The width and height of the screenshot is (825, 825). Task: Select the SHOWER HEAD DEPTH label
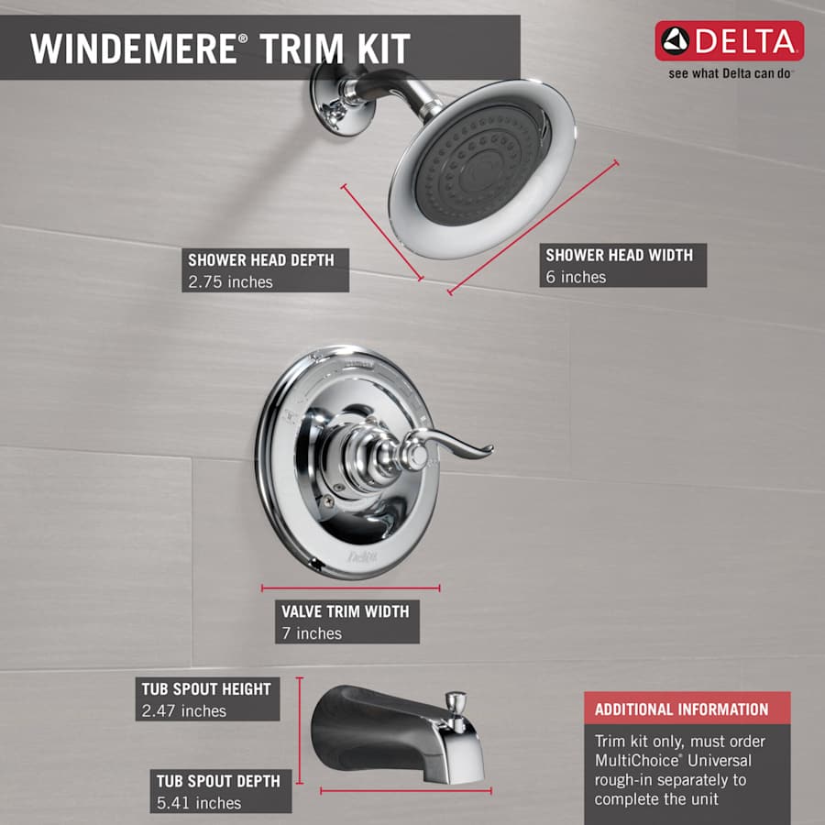tap(260, 259)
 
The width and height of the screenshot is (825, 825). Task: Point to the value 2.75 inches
tap(230, 282)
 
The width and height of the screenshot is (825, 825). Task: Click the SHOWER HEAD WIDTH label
tap(619, 255)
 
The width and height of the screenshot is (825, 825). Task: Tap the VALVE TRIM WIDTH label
tap(345, 610)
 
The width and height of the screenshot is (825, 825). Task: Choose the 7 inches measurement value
tap(312, 633)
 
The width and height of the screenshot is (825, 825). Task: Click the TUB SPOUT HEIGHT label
tap(206, 688)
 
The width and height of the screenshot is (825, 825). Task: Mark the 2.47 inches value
tap(183, 710)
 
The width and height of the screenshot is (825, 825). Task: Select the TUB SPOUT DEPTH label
tap(217, 780)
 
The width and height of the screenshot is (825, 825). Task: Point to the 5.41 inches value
tap(198, 803)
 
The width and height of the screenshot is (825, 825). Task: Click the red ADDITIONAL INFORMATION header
tap(681, 709)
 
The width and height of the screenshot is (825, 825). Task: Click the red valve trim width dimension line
tap(350, 588)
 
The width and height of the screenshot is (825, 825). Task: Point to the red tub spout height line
tap(300, 733)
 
